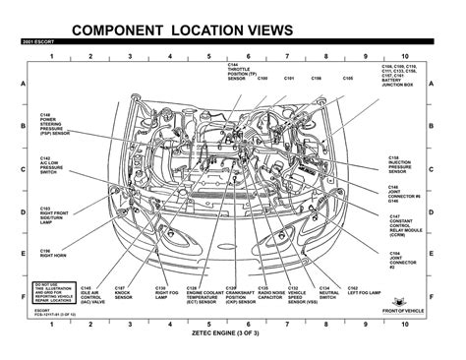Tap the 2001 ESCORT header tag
(36, 45)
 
